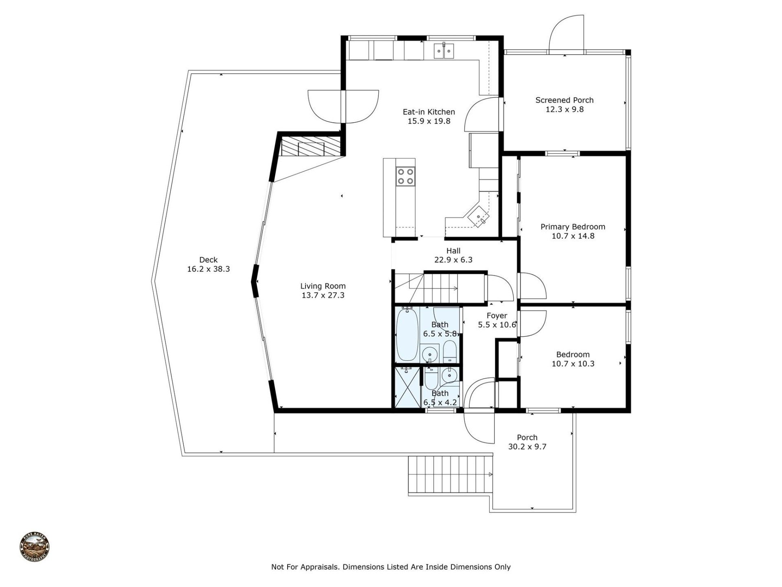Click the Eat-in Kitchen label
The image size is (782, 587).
428,112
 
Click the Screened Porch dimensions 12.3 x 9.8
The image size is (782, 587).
564,109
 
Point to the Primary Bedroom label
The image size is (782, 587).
572,227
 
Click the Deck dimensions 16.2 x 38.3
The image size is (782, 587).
208,269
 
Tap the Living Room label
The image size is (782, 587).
323,286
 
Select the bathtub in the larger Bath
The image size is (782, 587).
407,334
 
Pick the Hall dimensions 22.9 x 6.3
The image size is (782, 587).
453,260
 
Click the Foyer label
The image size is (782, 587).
496,316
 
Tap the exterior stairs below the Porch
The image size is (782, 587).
448,474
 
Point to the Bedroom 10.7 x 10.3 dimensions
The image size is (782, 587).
573,364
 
